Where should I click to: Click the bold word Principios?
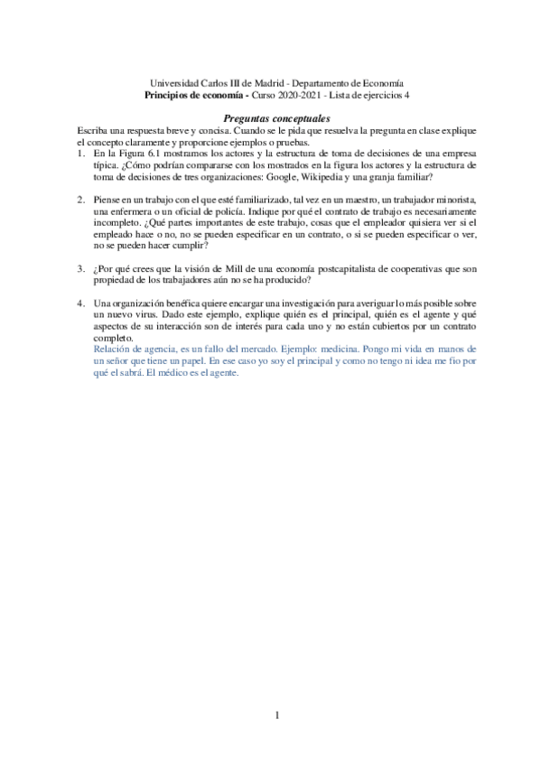[x=170, y=93]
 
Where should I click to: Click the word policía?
[x=225, y=210]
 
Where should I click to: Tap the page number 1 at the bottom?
[x=278, y=717]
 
